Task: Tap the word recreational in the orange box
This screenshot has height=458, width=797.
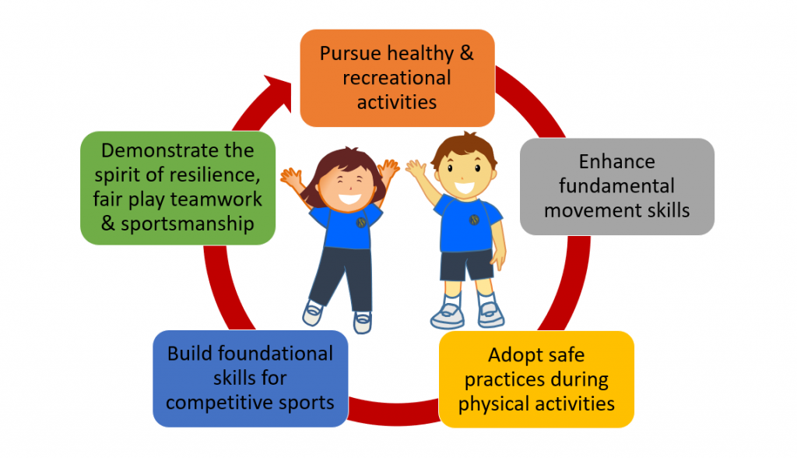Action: coord(396,78)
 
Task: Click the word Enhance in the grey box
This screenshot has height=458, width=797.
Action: coord(616,161)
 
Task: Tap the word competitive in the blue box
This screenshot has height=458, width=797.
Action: coord(216,403)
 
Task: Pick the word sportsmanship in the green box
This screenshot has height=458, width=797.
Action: coord(187,224)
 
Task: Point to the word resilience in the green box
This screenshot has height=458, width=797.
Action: coord(219,175)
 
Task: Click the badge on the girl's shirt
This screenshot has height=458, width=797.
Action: coord(361,222)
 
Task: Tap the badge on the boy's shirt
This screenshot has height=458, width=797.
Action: coord(474,220)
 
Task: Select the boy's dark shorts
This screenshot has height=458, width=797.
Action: coord(466,265)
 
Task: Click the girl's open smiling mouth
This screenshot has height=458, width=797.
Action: coord(349,199)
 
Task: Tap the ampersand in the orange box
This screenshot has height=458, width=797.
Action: coord(466,53)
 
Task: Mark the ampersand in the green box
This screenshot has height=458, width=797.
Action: coord(107,224)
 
